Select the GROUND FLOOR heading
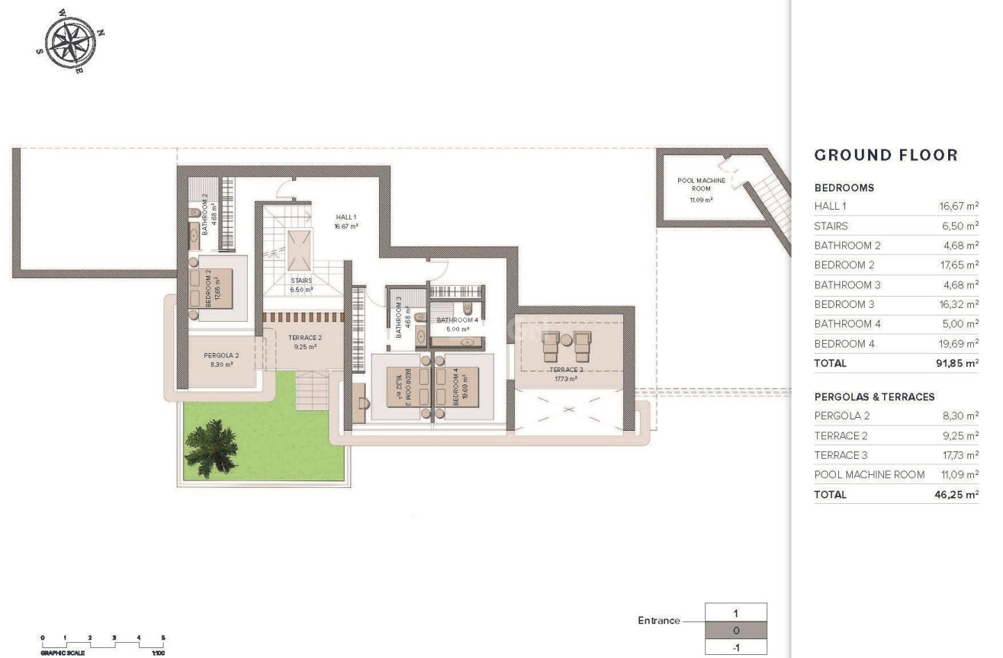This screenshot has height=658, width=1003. (886, 156)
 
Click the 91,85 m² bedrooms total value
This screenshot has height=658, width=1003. (956, 364)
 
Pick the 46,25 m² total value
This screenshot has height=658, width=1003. (956, 495)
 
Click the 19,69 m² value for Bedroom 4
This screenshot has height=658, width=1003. (958, 344)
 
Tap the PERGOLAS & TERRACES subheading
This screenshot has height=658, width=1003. (874, 397)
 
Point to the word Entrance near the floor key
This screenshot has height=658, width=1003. (658, 621)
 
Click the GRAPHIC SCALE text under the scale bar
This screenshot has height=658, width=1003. (63, 653)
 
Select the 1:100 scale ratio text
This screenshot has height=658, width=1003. (159, 653)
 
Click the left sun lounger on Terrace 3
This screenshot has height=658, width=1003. (551, 346)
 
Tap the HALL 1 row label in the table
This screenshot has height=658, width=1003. (831, 207)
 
